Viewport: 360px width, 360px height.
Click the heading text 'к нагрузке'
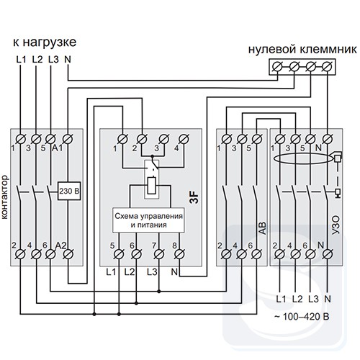(45, 42)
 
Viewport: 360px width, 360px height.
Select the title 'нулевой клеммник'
(302, 50)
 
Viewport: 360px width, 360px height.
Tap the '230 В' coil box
(69, 191)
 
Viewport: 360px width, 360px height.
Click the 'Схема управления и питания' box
(149, 220)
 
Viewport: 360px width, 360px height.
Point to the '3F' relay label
(194, 197)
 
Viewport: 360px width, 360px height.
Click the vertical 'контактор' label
(5, 197)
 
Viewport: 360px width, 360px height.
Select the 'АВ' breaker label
(263, 228)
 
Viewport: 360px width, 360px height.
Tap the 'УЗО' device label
(336, 225)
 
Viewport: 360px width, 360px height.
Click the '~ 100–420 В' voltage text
(302, 317)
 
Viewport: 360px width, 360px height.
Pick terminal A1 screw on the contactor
(68, 139)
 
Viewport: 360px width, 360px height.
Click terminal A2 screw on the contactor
(68, 254)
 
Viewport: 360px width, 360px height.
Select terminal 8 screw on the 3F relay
(179, 254)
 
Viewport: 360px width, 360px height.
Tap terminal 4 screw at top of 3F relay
(184, 139)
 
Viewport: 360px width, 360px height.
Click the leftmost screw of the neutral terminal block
(278, 67)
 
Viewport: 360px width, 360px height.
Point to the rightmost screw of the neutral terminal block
(327, 67)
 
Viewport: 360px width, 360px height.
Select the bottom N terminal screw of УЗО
(327, 254)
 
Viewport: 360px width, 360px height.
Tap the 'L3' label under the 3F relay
(152, 272)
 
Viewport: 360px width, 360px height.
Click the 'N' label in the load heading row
(68, 59)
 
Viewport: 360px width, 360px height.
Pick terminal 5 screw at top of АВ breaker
(257, 139)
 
